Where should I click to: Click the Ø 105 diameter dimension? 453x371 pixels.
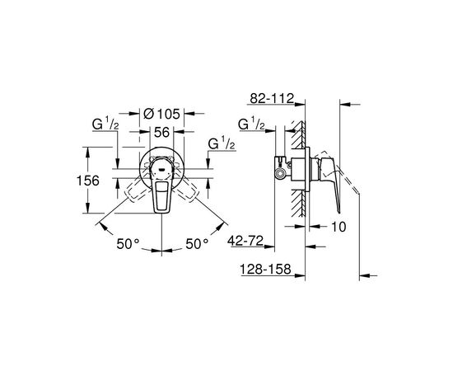click(x=161, y=114)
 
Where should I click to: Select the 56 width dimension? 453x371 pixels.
click(x=161, y=133)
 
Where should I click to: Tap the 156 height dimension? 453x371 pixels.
click(x=88, y=181)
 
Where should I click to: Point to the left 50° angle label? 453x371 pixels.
click(x=128, y=244)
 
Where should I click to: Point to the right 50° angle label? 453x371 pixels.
click(x=197, y=244)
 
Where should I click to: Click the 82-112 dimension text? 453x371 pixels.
click(x=272, y=98)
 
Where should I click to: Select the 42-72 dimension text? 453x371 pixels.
click(x=245, y=241)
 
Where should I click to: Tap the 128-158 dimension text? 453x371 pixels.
click(x=265, y=270)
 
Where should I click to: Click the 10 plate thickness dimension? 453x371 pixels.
click(x=339, y=227)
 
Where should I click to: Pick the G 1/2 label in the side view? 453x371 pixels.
click(x=251, y=124)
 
